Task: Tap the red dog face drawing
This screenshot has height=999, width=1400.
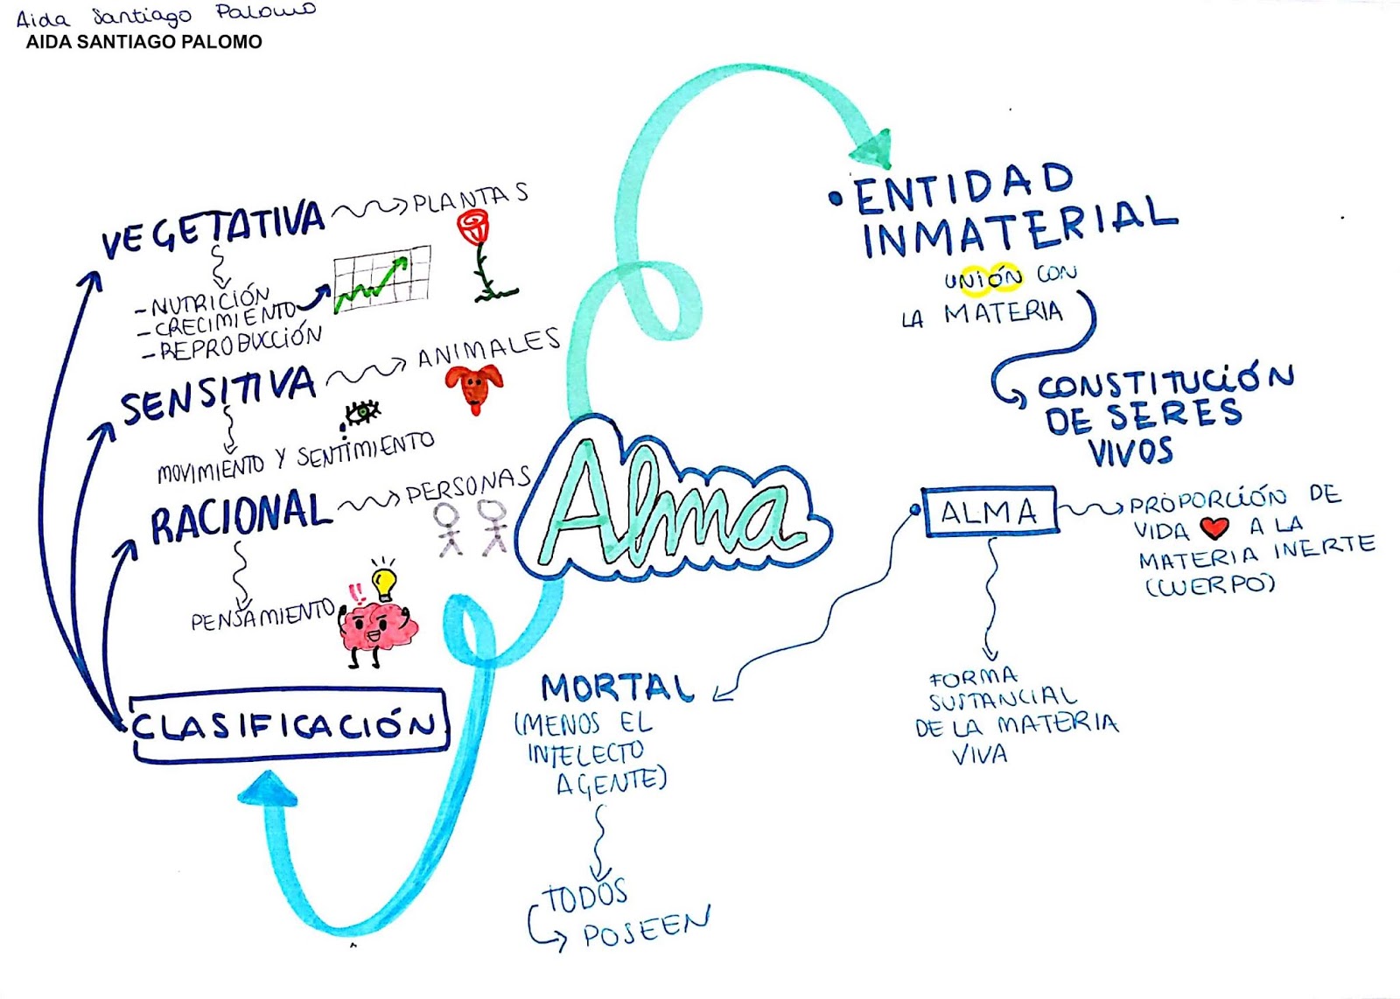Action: tap(474, 386)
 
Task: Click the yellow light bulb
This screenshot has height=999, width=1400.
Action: tap(383, 580)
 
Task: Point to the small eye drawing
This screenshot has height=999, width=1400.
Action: tap(362, 411)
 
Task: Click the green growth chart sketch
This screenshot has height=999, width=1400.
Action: tap(382, 277)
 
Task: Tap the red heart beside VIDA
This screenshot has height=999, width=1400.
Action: tap(1214, 527)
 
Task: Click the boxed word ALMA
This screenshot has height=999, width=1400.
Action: tap(990, 512)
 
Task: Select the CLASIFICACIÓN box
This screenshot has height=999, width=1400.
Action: tap(288, 725)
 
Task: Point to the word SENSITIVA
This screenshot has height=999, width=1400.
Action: tap(218, 395)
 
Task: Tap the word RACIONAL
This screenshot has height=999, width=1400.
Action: tap(240, 517)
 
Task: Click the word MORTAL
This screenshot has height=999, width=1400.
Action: tap(617, 688)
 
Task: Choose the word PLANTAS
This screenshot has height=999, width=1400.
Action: tap(470, 199)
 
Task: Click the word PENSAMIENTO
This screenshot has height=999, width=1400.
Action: tap(262, 617)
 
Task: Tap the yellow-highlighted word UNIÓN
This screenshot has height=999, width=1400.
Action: tap(983, 279)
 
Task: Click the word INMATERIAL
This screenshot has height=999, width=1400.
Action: tap(1019, 227)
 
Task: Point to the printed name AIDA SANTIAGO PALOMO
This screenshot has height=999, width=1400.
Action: tap(143, 42)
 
